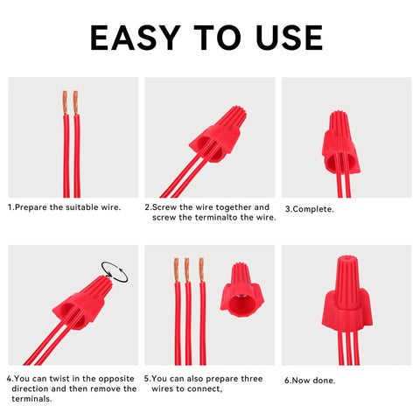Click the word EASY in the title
coord(136,38)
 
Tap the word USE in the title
coord(290,38)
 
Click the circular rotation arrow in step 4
coord(115,272)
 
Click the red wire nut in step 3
coord(340,143)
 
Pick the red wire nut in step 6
coord(346,294)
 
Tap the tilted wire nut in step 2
coord(218,134)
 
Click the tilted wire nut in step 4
coord(82,304)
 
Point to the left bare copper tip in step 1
coord(65,102)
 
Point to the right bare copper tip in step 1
coord(75,102)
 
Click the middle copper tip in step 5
coord(187,270)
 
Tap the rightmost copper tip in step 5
coord(201,270)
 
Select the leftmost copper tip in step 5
coord(177,270)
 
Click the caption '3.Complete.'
coord(310,209)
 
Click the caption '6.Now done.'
coord(310,381)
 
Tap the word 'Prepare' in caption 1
coord(31,207)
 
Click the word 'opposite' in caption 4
coord(116,379)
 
